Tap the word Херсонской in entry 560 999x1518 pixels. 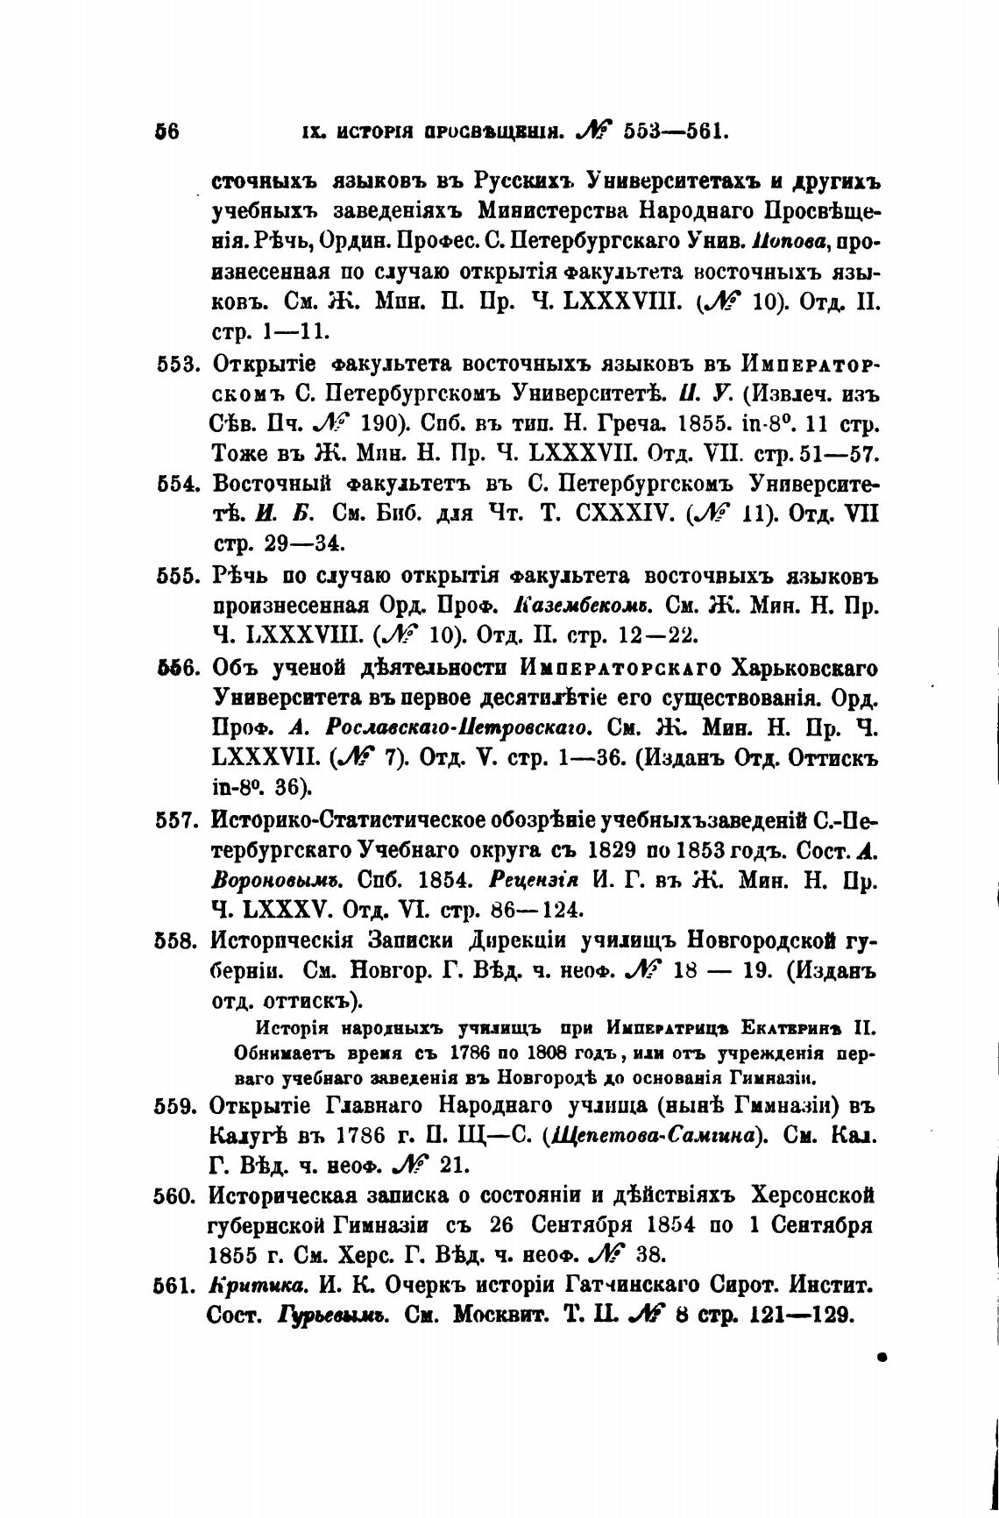pos(812,1195)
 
